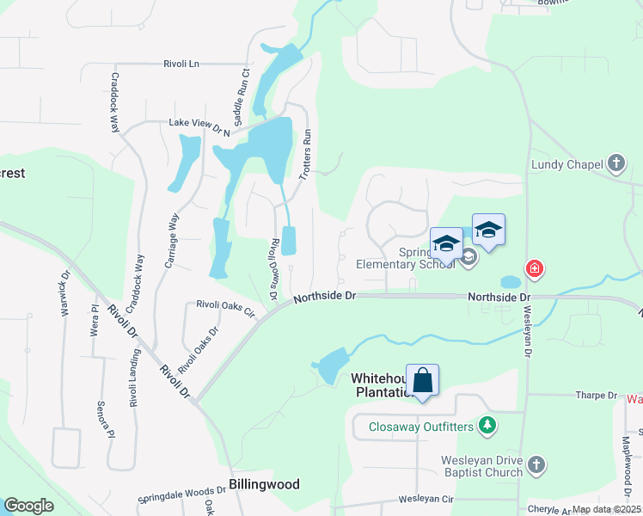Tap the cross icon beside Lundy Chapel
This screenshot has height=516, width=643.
(615, 163)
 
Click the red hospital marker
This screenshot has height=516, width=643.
(535, 270)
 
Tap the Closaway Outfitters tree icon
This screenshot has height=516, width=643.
(488, 425)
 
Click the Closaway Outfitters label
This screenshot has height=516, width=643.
(421, 425)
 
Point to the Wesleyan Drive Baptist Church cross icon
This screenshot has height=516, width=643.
(536, 465)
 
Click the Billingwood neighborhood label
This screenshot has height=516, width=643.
(264, 484)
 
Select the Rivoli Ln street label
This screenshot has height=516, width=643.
(181, 64)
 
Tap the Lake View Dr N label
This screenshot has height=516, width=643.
(200, 126)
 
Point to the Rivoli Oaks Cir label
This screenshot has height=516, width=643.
(226, 307)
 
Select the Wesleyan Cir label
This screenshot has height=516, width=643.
(425, 499)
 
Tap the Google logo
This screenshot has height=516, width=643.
(28, 506)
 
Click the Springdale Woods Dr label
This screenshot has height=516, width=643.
(181, 500)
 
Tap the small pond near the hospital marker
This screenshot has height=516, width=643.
(509, 281)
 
